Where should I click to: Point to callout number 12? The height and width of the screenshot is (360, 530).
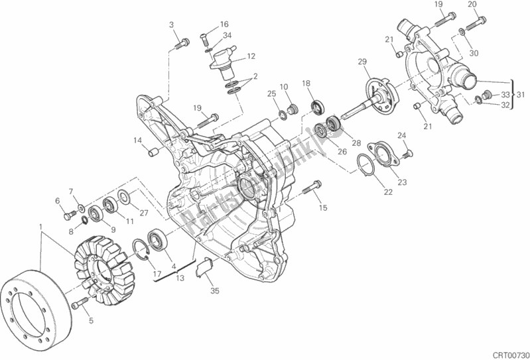252,56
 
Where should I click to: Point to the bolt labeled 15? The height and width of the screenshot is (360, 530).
309,190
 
